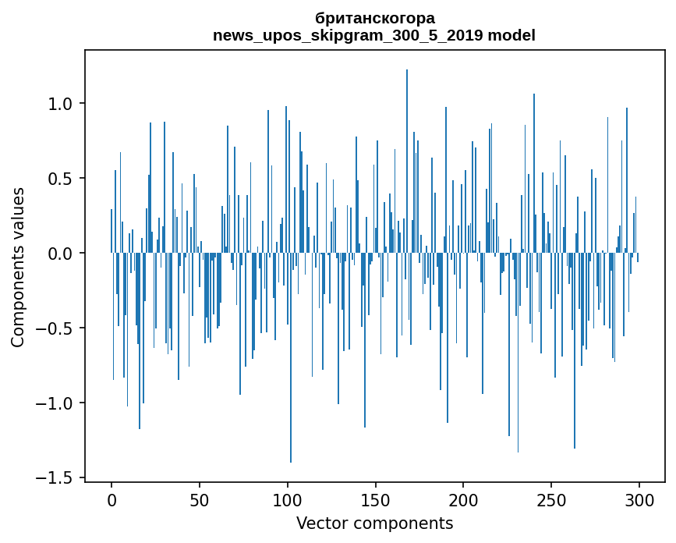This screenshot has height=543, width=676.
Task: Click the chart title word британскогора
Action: (x=374, y=18)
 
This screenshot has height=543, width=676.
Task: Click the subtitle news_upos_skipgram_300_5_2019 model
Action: (x=374, y=35)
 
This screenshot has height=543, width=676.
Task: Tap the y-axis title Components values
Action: (x=18, y=267)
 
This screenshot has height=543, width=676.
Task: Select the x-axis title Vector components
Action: (x=374, y=523)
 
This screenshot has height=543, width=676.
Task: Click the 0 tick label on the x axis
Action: (x=111, y=500)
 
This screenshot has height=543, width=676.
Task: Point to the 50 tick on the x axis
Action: (x=200, y=500)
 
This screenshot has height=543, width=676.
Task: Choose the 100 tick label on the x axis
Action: (x=288, y=500)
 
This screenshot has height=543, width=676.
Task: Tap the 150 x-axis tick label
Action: (x=375, y=500)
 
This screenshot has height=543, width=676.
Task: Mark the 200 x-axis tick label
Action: (x=463, y=500)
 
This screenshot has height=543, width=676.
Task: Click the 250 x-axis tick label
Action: (x=551, y=500)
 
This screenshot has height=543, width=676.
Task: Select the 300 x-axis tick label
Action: (x=639, y=500)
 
